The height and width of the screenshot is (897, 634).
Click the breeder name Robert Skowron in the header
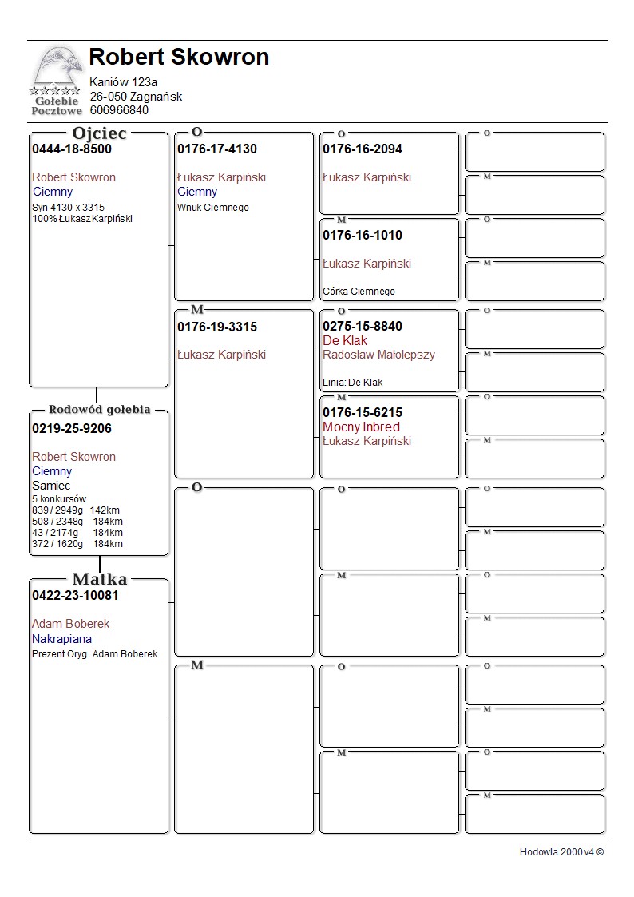pyautogui.click(x=179, y=57)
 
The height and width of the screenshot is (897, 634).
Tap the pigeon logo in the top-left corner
pyautogui.click(x=56, y=80)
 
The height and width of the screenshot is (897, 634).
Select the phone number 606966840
pyautogui.click(x=119, y=110)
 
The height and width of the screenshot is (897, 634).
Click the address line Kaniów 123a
pyautogui.click(x=123, y=82)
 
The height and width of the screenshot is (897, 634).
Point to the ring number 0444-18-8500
pyautogui.click(x=72, y=149)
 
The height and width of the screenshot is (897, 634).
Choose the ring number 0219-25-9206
pyautogui.click(x=72, y=429)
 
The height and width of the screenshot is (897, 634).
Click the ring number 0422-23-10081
pyautogui.click(x=75, y=596)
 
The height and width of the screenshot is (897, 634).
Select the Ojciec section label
pyautogui.click(x=99, y=133)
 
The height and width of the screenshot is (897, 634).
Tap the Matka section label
pyautogui.click(x=99, y=579)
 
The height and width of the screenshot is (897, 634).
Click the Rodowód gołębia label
pyautogui.click(x=99, y=410)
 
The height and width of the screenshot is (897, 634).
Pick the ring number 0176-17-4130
pyautogui.click(x=217, y=149)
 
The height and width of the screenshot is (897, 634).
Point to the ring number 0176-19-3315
pyautogui.click(x=217, y=327)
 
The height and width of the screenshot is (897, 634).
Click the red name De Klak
pyautogui.click(x=345, y=341)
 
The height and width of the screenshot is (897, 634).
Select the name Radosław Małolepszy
pyautogui.click(x=379, y=355)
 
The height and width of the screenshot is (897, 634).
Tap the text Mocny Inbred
pyautogui.click(x=361, y=427)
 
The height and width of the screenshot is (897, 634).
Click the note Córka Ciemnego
pyautogui.click(x=359, y=292)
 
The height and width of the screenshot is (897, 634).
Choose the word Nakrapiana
pyautogui.click(x=61, y=639)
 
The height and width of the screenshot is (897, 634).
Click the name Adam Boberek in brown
pyautogui.click(x=70, y=624)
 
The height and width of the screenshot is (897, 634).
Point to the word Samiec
pyautogui.click(x=51, y=486)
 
